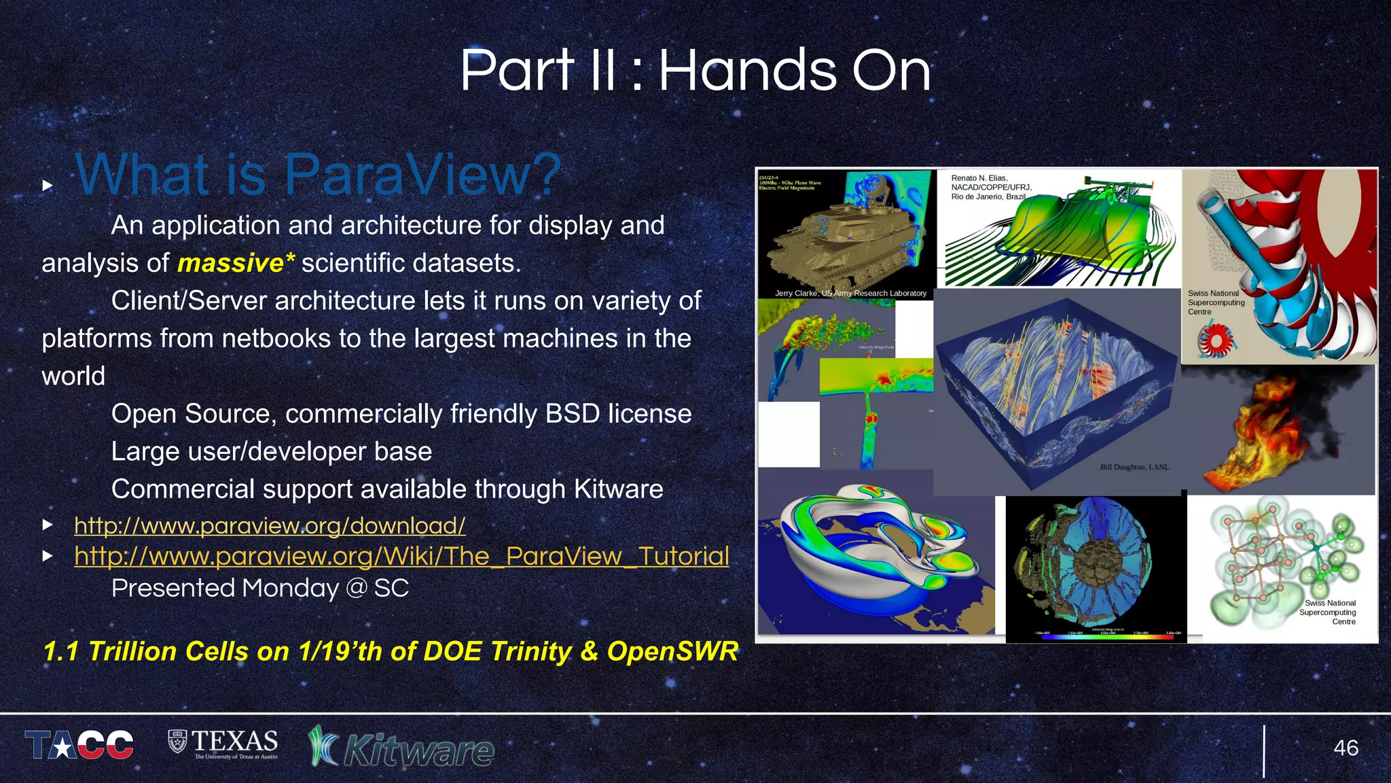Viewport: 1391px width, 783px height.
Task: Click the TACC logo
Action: pyautogui.click(x=79, y=745)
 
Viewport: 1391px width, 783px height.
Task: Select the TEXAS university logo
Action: pyautogui.click(x=223, y=744)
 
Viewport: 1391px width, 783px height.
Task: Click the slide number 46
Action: pyautogui.click(x=1345, y=748)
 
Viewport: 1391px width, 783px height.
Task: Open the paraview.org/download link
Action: pyautogui.click(x=270, y=525)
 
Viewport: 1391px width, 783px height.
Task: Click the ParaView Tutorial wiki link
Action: pyautogui.click(x=401, y=556)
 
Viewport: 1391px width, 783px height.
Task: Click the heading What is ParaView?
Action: pyautogui.click(x=318, y=175)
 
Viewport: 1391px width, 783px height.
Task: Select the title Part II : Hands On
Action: pyautogui.click(x=695, y=70)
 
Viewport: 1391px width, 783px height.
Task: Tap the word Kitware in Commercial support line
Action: pyautogui.click(x=618, y=489)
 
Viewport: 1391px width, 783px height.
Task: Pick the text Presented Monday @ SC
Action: pyautogui.click(x=260, y=588)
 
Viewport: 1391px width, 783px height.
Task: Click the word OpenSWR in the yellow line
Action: pyautogui.click(x=672, y=651)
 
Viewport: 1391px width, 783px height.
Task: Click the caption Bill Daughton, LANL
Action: pyautogui.click(x=1134, y=467)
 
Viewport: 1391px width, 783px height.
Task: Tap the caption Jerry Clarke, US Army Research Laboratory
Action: pyautogui.click(x=850, y=293)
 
